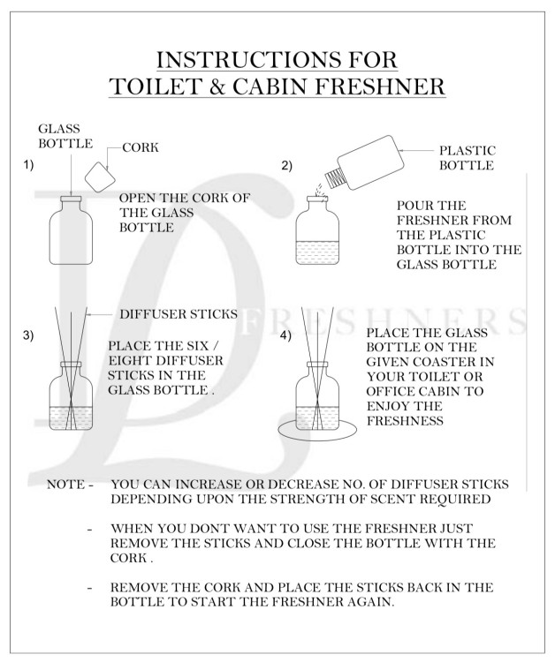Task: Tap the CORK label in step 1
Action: [140, 148]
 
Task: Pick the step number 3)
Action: [29, 335]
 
